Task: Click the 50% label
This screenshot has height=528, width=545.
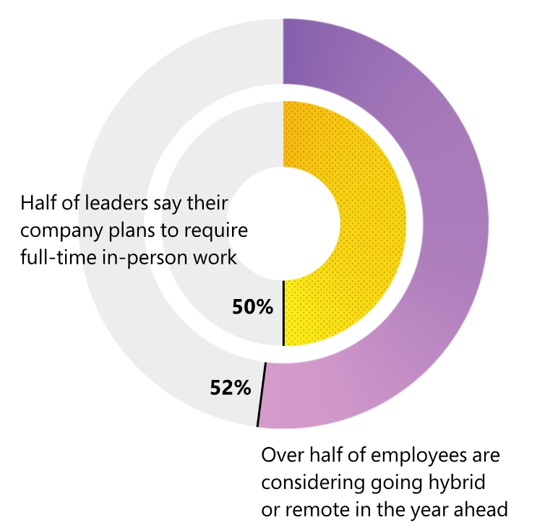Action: [252, 307]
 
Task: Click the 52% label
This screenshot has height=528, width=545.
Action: [231, 388]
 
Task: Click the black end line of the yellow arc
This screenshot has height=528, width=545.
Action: [283, 313]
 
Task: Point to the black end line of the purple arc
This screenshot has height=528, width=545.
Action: [262, 394]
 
